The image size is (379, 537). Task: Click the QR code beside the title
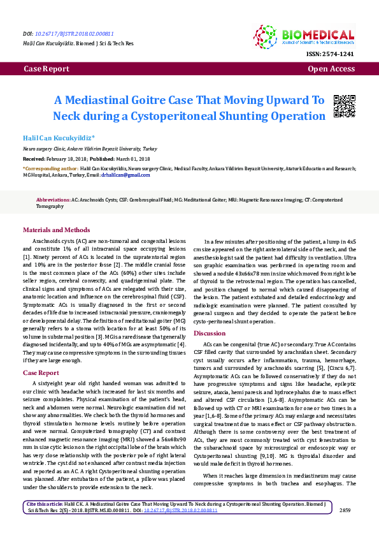pyautogui.click(x=344, y=106)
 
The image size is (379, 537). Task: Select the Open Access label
pyautogui.click(x=331, y=68)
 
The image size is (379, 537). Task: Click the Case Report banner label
pyautogui.click(x=46, y=68)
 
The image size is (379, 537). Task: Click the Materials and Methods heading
pyautogui.click(x=57, y=230)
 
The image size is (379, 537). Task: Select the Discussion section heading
pyautogui.click(x=210, y=334)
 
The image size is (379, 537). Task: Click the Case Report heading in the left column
pyautogui.click(x=41, y=372)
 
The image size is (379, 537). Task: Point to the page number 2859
pyautogui.click(x=345, y=528)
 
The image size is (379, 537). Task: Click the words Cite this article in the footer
pyautogui.click(x=45, y=522)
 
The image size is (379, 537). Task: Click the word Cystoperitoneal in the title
pyautogui.click(x=190, y=116)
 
